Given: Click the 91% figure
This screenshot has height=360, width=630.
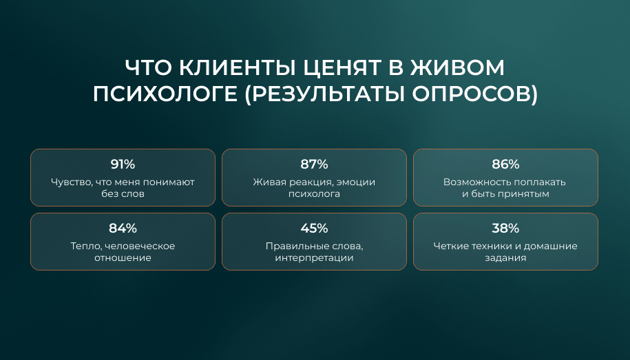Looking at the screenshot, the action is pyautogui.click(x=123, y=165).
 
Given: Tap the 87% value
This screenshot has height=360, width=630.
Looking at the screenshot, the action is pyautogui.click(x=314, y=165).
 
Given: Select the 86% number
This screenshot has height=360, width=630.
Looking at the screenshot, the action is pyautogui.click(x=505, y=165).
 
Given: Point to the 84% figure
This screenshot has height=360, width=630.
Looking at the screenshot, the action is pyautogui.click(x=123, y=229).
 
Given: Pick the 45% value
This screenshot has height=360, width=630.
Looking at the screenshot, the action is pyautogui.click(x=314, y=229).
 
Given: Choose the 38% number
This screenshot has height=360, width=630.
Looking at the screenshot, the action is pyautogui.click(x=505, y=229).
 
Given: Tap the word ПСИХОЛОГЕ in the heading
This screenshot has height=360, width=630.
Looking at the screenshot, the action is pyautogui.click(x=165, y=94).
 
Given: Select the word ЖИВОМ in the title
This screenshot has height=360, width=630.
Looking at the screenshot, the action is pyautogui.click(x=457, y=67).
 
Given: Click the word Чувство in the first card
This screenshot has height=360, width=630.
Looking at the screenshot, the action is pyautogui.click(x=72, y=182).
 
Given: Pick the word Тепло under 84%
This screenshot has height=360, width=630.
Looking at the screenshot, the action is pyautogui.click(x=85, y=246).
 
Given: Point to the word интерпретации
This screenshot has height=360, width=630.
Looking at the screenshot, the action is pyautogui.click(x=314, y=258).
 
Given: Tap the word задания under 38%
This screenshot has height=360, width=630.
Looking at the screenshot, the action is pyautogui.click(x=505, y=258).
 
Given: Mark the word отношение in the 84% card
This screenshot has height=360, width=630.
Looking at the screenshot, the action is pyautogui.click(x=123, y=258).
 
